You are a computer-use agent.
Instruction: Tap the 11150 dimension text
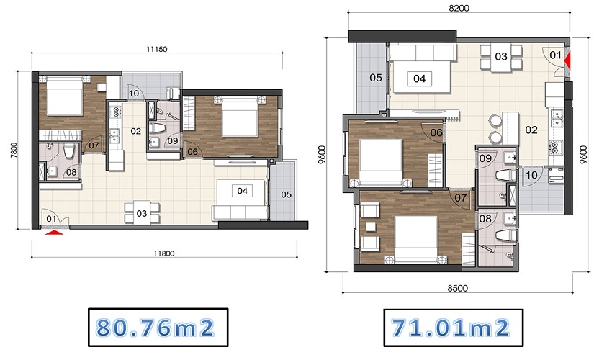[157, 49]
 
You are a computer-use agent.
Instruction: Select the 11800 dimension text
[164, 253]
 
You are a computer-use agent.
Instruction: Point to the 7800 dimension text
[14, 150]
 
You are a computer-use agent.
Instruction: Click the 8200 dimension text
[459, 8]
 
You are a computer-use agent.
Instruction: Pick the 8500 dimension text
[457, 288]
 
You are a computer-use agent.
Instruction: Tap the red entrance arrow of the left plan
[55, 233]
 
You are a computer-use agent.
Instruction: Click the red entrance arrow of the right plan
[568, 59]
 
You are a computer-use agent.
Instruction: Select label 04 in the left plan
[242, 191]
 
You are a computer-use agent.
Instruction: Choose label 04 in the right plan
[419, 78]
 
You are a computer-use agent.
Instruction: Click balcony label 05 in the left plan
[286, 194]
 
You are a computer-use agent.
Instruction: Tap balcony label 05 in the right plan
[375, 78]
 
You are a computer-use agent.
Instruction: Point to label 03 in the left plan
[142, 213]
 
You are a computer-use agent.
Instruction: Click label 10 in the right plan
[531, 175]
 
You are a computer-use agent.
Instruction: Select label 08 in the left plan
[71, 172]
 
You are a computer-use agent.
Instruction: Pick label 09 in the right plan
[485, 158]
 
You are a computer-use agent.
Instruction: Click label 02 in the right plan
[531, 130]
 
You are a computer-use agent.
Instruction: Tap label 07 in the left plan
[94, 145]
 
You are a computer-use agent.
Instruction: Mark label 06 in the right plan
[436, 132]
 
